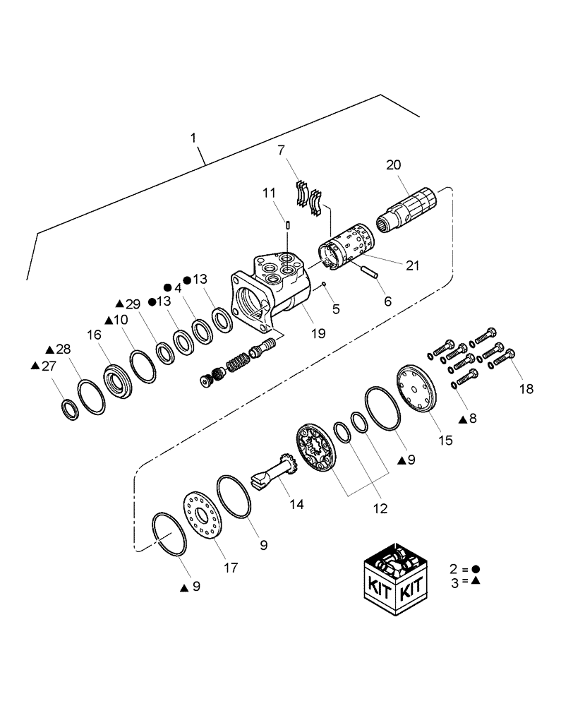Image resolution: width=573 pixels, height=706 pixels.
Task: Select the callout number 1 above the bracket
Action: tap(193, 138)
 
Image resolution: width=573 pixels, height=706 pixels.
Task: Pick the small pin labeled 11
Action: tap(289, 225)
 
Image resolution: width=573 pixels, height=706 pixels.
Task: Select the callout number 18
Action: tap(526, 388)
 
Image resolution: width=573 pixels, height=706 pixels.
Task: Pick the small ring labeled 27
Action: tap(70, 409)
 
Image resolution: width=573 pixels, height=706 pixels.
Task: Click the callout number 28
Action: tap(64, 349)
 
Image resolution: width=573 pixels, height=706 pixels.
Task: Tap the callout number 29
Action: tap(133, 303)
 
